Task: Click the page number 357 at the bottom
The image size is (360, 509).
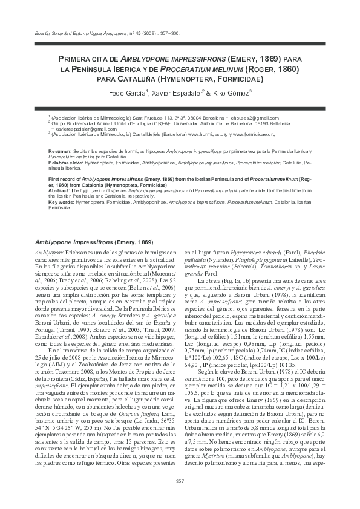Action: click(179, 481)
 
